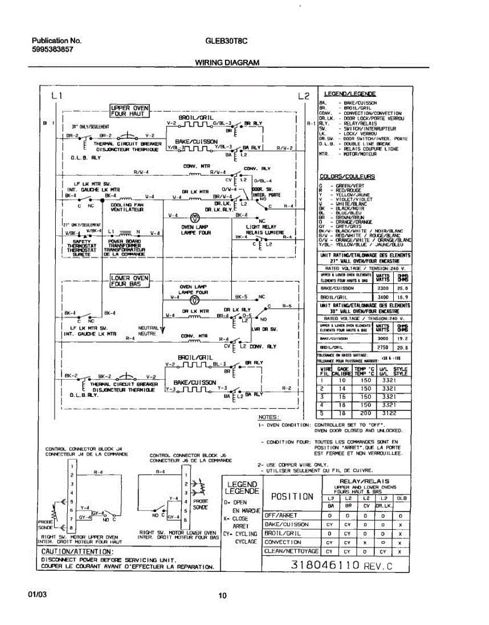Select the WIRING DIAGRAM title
click(x=227, y=63)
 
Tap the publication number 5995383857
click(x=53, y=49)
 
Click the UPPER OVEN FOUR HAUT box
click(x=130, y=111)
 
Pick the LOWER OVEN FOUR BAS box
click(x=130, y=281)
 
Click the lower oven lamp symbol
click(x=193, y=301)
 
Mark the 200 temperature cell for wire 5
click(x=366, y=413)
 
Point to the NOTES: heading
click(x=269, y=418)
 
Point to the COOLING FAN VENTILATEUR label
click(x=127, y=207)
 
